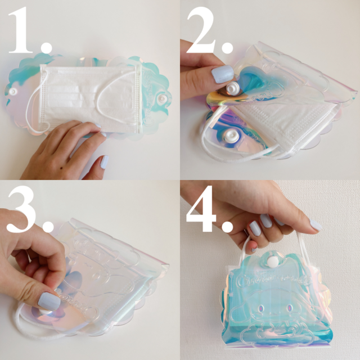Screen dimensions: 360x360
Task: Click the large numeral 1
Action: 21,30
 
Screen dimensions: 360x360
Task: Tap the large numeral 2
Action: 201,30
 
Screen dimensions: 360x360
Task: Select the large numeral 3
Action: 22,209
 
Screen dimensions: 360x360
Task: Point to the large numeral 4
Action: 201,209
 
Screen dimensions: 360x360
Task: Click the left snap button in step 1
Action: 13,92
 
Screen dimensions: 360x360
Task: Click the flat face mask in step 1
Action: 91,99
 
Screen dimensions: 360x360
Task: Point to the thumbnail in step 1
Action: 105,162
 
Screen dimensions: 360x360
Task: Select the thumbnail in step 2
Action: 222,74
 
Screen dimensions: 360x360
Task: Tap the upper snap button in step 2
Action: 232,88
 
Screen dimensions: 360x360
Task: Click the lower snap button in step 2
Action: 231,135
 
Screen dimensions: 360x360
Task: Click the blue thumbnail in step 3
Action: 49,301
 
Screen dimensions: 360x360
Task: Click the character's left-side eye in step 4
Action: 261,308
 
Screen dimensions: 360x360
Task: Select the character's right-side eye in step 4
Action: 289,308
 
